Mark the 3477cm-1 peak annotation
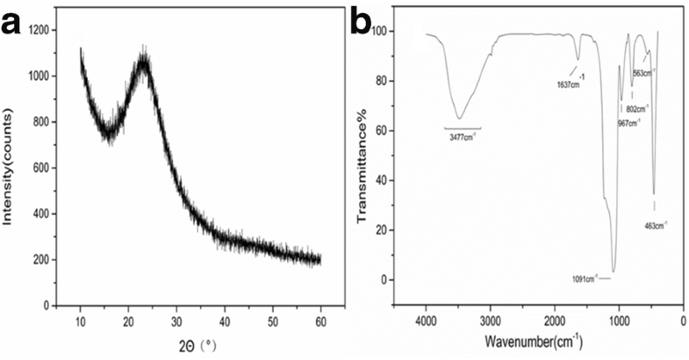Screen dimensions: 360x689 pos(462,137)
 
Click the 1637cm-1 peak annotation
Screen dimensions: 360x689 pos(570,84)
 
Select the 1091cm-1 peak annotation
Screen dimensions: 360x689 pos(585,278)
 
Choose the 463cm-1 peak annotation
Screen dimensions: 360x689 pos(655,226)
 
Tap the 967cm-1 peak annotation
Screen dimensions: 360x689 pos(628,122)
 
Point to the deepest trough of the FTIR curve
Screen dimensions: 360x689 pos(614,270)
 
